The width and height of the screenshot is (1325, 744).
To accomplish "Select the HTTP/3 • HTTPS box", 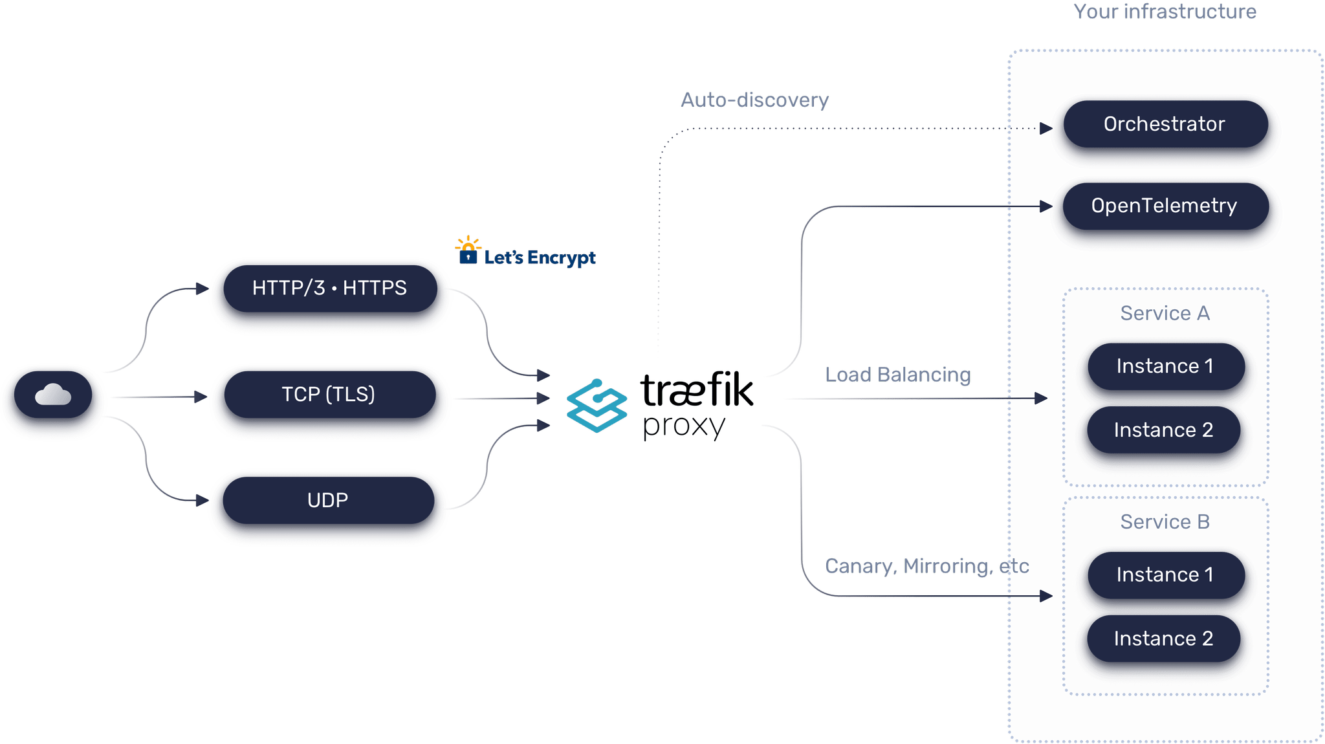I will coord(329,288).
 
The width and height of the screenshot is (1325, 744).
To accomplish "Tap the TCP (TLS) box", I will coord(329,394).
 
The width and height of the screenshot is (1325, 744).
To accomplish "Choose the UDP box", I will coord(328,500).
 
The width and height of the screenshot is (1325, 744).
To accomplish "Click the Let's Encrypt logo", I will coord(525,254).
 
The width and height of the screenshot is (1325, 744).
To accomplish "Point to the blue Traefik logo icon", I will coord(596,406).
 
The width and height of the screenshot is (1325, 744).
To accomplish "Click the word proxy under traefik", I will coord(684,426).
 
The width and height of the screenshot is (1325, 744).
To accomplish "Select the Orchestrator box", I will coord(1164,124).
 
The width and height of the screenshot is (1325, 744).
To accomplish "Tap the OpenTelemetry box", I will coord(1164,206).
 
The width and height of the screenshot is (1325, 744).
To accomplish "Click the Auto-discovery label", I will coord(754,100).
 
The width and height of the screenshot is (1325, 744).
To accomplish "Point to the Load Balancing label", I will coord(897,375).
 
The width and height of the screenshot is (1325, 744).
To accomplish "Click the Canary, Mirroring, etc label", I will coord(926,566).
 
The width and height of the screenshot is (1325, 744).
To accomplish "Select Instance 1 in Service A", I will coord(1165,366).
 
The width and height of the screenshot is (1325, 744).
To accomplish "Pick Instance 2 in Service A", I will coord(1163,430).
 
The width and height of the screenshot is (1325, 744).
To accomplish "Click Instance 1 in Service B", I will coord(1165,574).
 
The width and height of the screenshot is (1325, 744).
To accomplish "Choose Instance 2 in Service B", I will coord(1163,639).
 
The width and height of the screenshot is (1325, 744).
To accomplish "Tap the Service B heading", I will coord(1165,522).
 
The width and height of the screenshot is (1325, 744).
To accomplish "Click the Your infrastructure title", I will coord(1165,12).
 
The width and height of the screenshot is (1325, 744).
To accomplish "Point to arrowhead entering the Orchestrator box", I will coord(1046,128).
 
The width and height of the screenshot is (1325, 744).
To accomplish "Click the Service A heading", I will coord(1165,313).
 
